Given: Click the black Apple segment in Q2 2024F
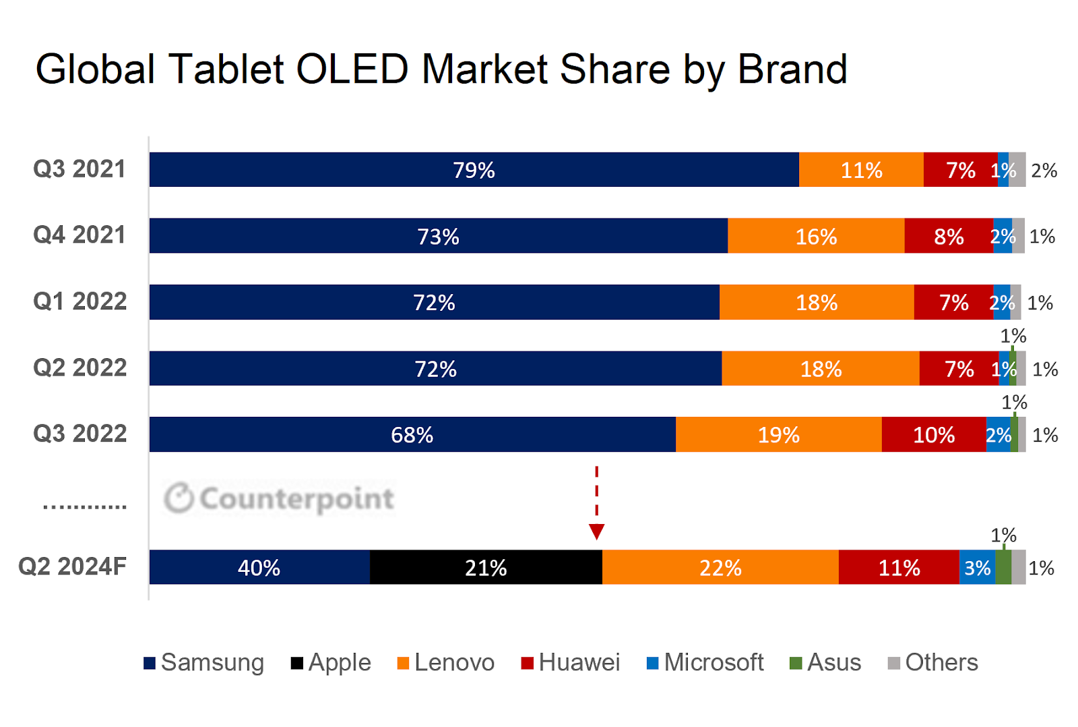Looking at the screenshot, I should (486, 567).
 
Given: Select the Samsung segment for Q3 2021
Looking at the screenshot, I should (474, 169).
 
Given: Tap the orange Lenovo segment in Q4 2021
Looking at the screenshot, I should (816, 236).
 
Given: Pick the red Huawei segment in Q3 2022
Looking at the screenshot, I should (934, 434).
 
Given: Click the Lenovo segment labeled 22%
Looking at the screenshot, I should (720, 567).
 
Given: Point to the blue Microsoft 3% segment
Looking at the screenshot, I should (977, 567).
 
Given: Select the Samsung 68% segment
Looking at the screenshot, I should (412, 434).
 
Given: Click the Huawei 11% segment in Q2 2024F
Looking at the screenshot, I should (899, 567).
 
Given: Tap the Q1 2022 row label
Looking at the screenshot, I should (80, 301).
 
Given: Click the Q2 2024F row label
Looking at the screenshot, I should (72, 566).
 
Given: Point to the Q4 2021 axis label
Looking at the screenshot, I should (80, 235).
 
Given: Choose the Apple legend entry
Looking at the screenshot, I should (331, 663).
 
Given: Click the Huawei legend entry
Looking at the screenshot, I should (571, 663).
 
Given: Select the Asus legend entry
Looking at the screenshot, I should (825, 663).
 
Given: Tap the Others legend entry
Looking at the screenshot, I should (933, 663).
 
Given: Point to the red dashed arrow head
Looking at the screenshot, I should (596, 531).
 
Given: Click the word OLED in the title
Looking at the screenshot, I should (352, 69).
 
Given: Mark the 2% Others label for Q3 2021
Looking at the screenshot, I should (1044, 170).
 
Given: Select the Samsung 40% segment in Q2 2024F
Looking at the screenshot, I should (259, 567).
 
